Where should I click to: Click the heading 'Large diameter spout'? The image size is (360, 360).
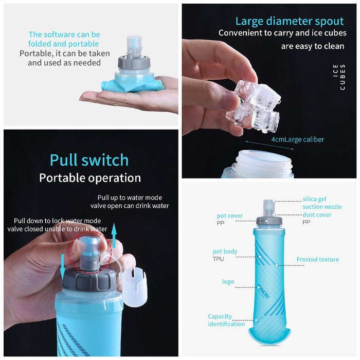[x=290, y=22]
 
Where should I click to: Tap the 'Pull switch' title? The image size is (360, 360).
[x=89, y=160]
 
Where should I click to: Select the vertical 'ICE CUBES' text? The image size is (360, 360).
[x=339, y=77]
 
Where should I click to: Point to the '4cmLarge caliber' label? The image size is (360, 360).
[x=298, y=139]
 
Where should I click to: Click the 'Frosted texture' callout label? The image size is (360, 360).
[x=317, y=259]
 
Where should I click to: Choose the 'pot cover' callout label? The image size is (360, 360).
[x=229, y=216]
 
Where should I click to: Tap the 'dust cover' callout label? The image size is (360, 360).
[x=317, y=214]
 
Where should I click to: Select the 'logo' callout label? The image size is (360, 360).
[x=228, y=282]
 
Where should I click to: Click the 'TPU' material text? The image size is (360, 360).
[x=218, y=259]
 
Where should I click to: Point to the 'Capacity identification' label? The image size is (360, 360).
[x=226, y=320]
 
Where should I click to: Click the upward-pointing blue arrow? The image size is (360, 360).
[x=114, y=232]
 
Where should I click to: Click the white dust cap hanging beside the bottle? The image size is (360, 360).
[x=135, y=287]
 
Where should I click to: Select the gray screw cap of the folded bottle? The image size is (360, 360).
[x=134, y=62]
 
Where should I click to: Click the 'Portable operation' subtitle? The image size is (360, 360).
[x=90, y=178]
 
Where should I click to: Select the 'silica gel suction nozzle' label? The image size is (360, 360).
[x=322, y=203]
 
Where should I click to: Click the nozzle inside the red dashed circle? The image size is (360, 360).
[x=89, y=254]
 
